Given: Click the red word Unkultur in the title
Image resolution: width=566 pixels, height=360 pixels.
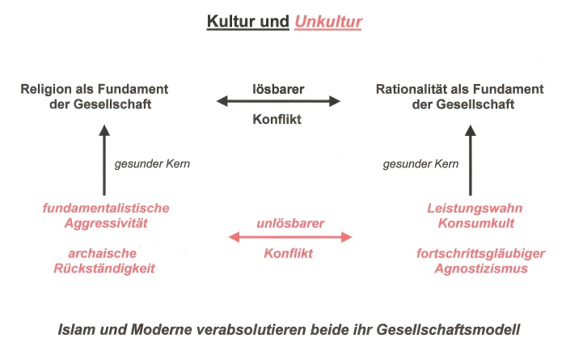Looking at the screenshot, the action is click(328, 21).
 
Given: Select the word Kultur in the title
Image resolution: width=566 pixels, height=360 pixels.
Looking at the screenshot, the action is click(230, 21).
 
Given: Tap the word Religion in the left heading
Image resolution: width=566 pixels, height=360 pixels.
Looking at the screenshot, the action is click(46, 90).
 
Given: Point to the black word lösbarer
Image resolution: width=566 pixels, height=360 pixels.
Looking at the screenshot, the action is click(278, 89).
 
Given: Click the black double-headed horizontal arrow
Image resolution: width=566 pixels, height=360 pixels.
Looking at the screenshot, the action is click(278, 101).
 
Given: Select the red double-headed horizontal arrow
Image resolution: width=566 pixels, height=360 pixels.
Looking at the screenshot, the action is click(290, 237).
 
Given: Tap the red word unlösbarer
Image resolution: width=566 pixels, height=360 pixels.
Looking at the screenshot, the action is click(290, 223).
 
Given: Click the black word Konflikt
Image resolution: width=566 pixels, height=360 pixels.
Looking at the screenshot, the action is click(277, 119).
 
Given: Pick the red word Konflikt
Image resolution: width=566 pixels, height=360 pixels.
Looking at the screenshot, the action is click(288, 253).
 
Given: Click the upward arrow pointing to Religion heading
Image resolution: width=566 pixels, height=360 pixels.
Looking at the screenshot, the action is click(104, 160).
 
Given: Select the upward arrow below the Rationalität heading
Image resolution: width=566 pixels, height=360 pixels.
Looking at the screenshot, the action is click(471, 160).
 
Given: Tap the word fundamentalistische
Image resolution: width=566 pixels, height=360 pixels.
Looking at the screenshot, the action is click(106, 208).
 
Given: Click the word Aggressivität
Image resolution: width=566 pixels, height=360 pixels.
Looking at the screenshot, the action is click(106, 223).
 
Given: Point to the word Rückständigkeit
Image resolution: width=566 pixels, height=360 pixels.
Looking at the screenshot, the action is click(104, 269).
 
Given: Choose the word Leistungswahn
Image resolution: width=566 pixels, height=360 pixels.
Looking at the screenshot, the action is click(475, 209).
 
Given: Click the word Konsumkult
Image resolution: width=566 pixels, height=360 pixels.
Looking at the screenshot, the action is click(476, 223).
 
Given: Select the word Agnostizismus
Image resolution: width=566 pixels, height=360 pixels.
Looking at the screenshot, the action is click(481, 269).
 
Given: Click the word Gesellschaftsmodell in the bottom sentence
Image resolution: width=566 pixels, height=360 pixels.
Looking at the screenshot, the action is click(448, 330).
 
